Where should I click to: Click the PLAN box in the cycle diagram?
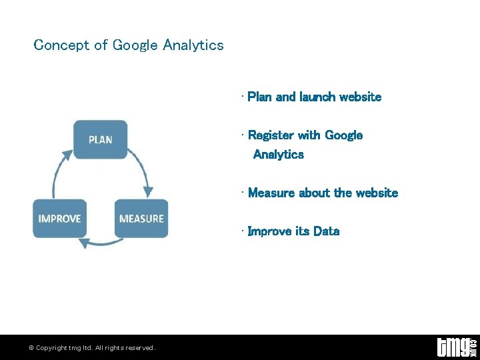tap(100, 139)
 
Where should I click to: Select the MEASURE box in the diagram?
tap(141, 219)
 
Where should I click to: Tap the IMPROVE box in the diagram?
tap(59, 219)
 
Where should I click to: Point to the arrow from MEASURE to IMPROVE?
tap(100, 242)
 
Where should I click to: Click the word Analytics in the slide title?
tap(193, 45)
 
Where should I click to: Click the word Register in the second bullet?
tap(270, 135)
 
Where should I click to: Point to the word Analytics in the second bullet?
tap(278, 155)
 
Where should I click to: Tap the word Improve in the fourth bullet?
tap(269, 231)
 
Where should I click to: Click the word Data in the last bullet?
tap(326, 231)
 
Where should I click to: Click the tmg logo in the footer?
tap(455, 347)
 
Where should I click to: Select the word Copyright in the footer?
tap(51, 348)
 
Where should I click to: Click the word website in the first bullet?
tap(360, 97)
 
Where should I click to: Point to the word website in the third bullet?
tap(377, 193)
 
